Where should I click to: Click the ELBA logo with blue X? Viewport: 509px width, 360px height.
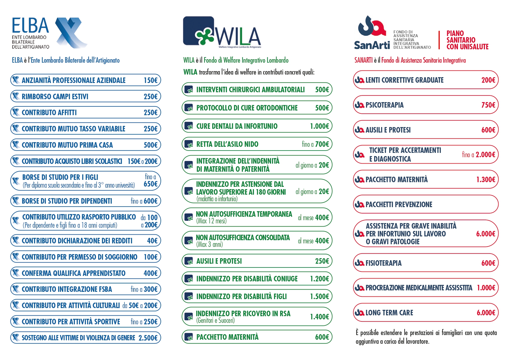(50, 33)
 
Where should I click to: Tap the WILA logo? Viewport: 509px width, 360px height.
(222, 32)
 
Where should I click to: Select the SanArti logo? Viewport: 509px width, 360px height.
(392, 32)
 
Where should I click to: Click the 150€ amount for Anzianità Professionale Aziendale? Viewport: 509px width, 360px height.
(151, 80)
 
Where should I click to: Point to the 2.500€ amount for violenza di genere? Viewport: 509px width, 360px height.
(148, 338)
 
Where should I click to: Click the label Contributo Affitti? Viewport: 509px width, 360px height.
(49, 113)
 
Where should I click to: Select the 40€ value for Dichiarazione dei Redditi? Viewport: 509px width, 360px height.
(152, 241)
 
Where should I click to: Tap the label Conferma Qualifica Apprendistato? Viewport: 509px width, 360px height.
(74, 273)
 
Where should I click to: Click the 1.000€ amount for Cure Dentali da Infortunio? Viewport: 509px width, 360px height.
(320, 126)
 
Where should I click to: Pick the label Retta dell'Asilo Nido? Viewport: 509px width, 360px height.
(227, 144)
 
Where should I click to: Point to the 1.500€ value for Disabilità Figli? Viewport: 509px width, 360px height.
(320, 296)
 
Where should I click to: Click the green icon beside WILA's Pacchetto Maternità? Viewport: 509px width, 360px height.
(189, 337)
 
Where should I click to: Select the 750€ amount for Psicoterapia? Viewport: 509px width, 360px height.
(488, 105)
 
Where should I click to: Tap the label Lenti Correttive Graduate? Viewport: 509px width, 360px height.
(405, 80)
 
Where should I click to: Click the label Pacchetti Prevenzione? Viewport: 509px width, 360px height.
(399, 205)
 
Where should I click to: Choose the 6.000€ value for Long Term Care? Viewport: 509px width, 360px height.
(486, 313)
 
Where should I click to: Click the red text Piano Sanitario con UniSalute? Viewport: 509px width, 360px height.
(468, 40)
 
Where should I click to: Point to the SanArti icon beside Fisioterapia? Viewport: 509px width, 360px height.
(360, 263)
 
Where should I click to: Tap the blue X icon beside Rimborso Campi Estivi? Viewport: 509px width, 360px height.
(16, 96)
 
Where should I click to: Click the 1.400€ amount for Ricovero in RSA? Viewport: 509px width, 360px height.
(320, 317)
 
